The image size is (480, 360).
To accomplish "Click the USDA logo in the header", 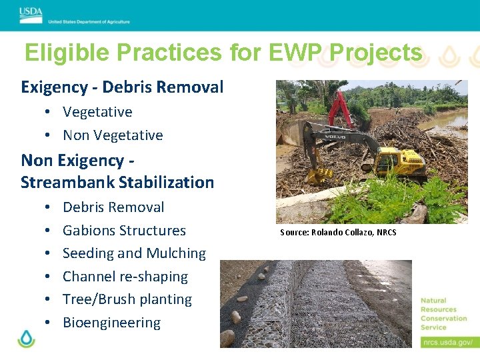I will point(31,13).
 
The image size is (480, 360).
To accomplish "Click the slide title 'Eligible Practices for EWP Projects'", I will point(223,52).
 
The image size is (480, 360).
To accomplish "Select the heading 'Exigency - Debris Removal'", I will point(122,87).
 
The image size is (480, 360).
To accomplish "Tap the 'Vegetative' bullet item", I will point(97,112).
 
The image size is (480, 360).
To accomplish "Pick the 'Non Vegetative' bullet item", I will point(113,135).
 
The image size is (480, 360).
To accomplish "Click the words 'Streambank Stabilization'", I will point(117,183).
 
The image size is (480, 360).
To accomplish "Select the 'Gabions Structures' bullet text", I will point(124,231).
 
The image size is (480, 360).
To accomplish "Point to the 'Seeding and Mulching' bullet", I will point(134,253).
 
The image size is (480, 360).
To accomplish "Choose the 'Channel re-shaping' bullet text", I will point(125,277).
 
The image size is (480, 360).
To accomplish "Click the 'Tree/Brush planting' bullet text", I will point(127,299).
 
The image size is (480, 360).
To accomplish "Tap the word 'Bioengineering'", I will point(111,323).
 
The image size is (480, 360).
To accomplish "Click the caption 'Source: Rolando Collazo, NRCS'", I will point(338,233).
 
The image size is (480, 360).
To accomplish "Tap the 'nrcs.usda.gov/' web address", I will point(447,342).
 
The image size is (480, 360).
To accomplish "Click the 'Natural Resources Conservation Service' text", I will point(443,313).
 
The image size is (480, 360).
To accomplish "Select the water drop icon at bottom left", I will point(26,338).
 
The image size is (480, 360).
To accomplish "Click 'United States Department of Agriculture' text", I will point(89,21).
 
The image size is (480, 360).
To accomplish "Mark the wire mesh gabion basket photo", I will point(316,303).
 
